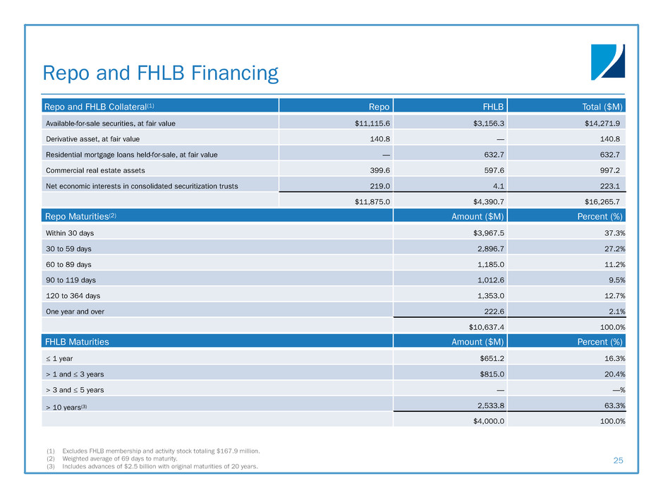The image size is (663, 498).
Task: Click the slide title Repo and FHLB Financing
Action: point(161,73)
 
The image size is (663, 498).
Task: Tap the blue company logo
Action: point(607,61)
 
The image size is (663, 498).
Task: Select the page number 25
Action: point(618,461)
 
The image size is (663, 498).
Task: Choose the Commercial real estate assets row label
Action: point(92,170)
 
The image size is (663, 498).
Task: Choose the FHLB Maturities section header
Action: point(77,342)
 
